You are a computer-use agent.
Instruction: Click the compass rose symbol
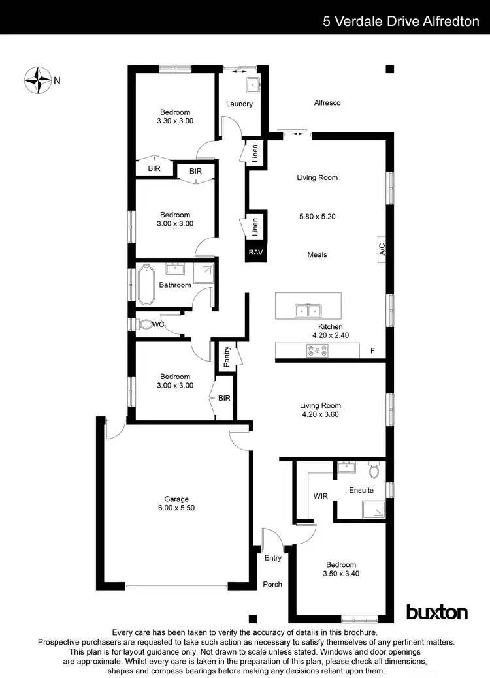click(38, 80)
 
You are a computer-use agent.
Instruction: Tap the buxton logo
click(437, 612)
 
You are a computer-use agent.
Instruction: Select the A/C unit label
click(382, 249)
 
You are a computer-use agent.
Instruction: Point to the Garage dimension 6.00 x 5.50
click(158, 508)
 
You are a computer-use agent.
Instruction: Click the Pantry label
click(227, 357)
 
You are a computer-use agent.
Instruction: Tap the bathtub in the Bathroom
click(146, 285)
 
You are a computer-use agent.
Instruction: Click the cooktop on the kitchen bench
click(318, 350)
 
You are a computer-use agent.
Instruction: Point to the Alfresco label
click(327, 103)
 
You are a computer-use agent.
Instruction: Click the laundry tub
click(252, 84)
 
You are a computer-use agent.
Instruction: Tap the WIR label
click(320, 497)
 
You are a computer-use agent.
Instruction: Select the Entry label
click(273, 558)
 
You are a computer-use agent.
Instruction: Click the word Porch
click(272, 584)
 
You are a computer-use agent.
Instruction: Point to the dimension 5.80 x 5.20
click(317, 216)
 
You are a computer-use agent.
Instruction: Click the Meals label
click(317, 254)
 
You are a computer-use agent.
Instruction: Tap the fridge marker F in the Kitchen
click(372, 350)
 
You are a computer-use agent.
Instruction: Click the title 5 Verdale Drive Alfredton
click(400, 21)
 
